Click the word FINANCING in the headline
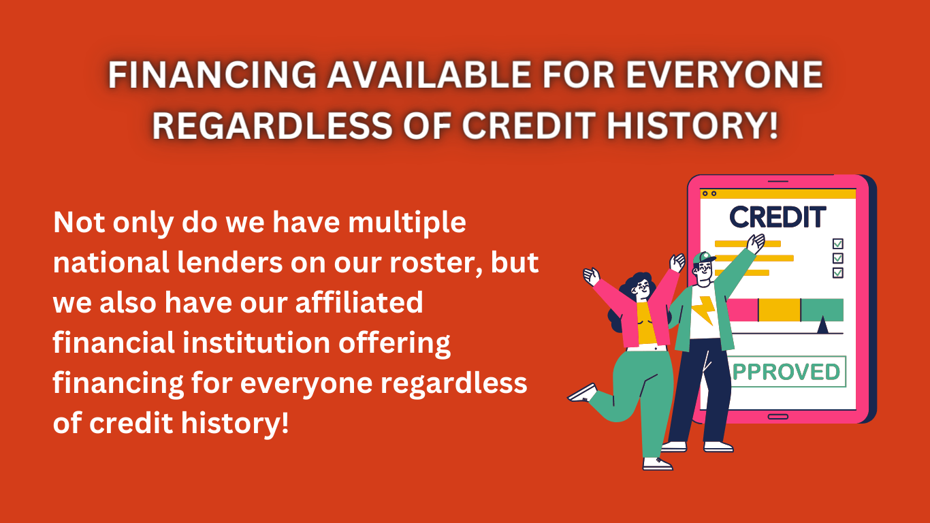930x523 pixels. (x=212, y=75)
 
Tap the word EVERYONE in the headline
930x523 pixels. (x=724, y=75)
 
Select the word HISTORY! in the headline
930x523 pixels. (x=692, y=125)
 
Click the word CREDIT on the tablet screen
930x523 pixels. (x=777, y=217)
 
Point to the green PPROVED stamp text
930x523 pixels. (x=786, y=372)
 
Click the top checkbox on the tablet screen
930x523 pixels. (x=838, y=243)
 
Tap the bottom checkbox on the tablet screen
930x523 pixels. (x=838, y=273)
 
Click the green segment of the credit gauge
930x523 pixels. (x=822, y=310)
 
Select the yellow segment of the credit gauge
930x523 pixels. (x=780, y=310)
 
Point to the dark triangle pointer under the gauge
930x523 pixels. (x=822, y=326)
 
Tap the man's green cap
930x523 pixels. (x=703, y=257)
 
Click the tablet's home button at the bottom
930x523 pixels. (x=777, y=417)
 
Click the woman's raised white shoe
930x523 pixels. (x=583, y=394)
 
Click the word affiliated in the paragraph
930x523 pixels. (x=359, y=302)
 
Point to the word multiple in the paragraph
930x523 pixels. (x=407, y=223)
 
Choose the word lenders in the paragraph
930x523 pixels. (x=230, y=262)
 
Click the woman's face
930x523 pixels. (x=642, y=288)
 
